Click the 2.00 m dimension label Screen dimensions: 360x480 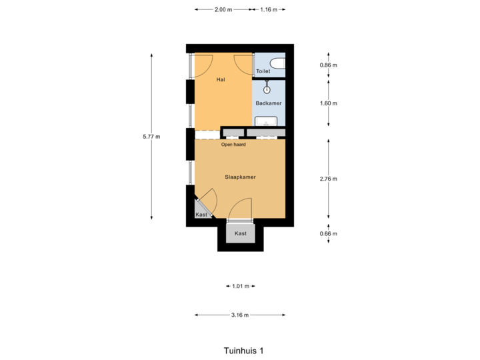click(x=223, y=9)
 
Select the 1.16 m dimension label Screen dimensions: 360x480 click(x=269, y=9)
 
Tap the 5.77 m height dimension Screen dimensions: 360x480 click(x=152, y=137)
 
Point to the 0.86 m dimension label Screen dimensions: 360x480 click(x=328, y=65)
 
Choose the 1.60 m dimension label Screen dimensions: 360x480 click(x=328, y=103)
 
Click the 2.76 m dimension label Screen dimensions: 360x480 click(x=328, y=179)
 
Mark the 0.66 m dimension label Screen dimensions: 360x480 click(x=328, y=233)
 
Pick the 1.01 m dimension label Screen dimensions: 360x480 click(x=240, y=286)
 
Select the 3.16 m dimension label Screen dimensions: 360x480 click(x=240, y=315)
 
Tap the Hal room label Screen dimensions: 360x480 click(x=221, y=80)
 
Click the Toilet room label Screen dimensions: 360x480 click(x=263, y=71)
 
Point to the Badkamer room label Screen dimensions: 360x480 click(x=268, y=103)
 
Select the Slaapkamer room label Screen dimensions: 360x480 click(x=240, y=177)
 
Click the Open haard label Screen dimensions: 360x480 click(x=233, y=144)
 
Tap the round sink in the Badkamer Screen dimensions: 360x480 click(x=267, y=89)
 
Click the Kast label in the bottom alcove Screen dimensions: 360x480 click(x=241, y=234)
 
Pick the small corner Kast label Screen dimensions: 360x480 click(x=201, y=215)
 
